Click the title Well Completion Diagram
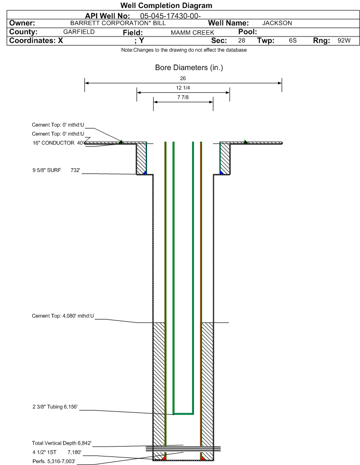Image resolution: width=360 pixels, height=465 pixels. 166,5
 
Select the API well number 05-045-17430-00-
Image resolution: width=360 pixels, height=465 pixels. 170,16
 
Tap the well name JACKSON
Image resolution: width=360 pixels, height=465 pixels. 277,23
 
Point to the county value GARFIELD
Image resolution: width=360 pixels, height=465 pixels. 79,32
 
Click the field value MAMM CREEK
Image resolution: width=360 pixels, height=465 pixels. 192,33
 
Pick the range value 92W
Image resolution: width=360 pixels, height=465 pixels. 344,41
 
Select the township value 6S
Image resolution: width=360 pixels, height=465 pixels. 293,41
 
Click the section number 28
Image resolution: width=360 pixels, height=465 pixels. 241,41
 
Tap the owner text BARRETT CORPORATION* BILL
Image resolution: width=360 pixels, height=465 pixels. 118,23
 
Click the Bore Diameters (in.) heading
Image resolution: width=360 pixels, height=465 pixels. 189,68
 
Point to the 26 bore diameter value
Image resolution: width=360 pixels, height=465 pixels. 183,78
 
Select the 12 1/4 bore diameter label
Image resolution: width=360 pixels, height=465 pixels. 183,88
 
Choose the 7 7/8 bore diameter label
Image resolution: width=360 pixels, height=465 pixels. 183,97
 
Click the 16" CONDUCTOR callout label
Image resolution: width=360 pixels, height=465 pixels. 54,143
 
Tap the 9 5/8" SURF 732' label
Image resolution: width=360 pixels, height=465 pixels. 56,170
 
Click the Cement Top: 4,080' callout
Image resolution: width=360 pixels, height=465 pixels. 63,316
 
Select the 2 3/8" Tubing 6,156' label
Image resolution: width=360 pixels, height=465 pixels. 55,407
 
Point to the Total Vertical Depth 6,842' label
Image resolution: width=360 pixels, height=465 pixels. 62,443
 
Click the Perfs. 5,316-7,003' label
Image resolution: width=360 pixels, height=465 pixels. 54,461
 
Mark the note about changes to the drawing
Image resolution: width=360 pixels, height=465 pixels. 184,50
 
